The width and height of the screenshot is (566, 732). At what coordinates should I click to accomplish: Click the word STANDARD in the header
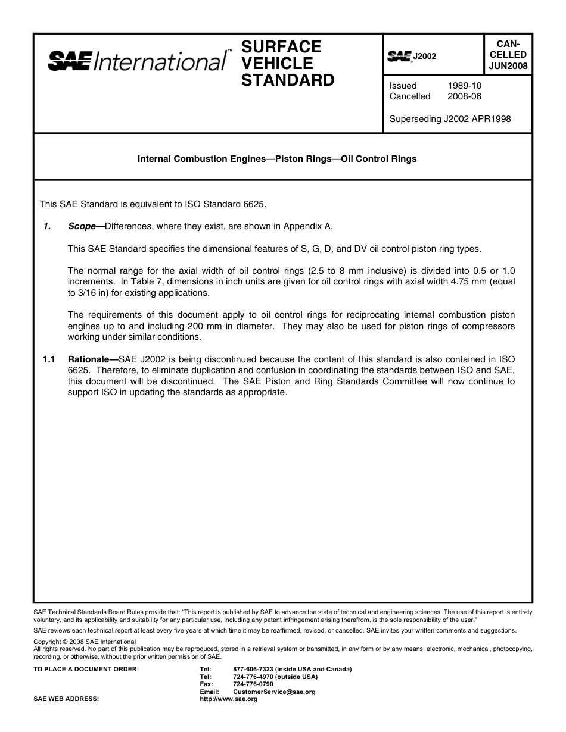tap(287, 80)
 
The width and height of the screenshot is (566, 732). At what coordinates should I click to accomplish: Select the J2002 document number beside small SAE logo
tap(425, 56)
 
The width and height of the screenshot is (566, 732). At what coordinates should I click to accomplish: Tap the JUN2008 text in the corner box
tap(508, 66)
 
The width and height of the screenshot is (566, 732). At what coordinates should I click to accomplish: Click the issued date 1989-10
tap(464, 86)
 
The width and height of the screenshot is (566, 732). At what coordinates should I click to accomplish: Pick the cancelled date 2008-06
tap(464, 96)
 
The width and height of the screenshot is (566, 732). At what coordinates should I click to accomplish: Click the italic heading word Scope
tap(82, 226)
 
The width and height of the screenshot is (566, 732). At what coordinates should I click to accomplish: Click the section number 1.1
tap(49, 359)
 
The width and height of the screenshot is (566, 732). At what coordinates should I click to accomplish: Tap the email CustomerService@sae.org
tap(274, 692)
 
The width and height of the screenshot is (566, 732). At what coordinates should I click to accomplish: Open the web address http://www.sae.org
tap(229, 699)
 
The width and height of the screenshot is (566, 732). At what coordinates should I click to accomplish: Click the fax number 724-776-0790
tap(253, 684)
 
